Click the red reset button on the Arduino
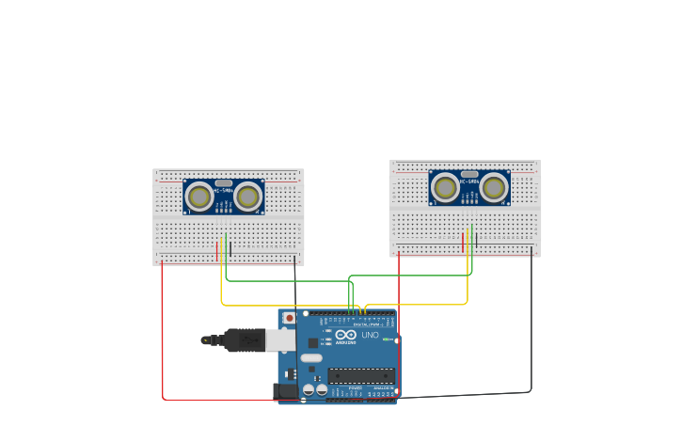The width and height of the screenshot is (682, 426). [x=289, y=319]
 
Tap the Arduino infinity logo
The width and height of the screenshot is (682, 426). [x=345, y=335]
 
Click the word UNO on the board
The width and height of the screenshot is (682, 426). [x=370, y=335]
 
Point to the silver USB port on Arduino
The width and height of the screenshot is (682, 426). [x=281, y=339]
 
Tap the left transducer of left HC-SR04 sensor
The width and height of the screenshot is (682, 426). [x=198, y=197]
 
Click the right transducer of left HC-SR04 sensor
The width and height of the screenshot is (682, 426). [x=248, y=197]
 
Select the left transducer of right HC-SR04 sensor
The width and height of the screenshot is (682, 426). [x=445, y=188]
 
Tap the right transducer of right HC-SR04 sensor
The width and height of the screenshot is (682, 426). [x=494, y=188]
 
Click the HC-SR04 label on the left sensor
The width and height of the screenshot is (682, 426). [x=224, y=192]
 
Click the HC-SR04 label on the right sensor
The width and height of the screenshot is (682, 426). [x=469, y=183]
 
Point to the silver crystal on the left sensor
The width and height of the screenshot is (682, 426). [x=224, y=183]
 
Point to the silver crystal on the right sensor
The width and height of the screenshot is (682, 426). [x=469, y=175]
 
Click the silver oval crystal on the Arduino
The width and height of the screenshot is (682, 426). [x=311, y=358]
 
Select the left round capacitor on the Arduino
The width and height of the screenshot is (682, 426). [x=309, y=388]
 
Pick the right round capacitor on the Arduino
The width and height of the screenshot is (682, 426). [x=322, y=388]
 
